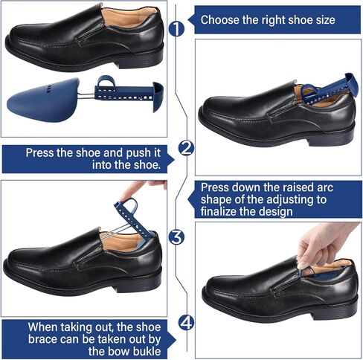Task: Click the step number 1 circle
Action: [x=176, y=29]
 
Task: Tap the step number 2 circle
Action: [x=186, y=149]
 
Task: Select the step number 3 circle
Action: [x=176, y=237]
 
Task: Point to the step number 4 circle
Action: [x=186, y=323]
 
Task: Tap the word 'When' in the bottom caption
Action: [x=43, y=327]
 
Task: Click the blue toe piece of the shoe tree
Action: [x=43, y=100]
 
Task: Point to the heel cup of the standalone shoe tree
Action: [x=158, y=96]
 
